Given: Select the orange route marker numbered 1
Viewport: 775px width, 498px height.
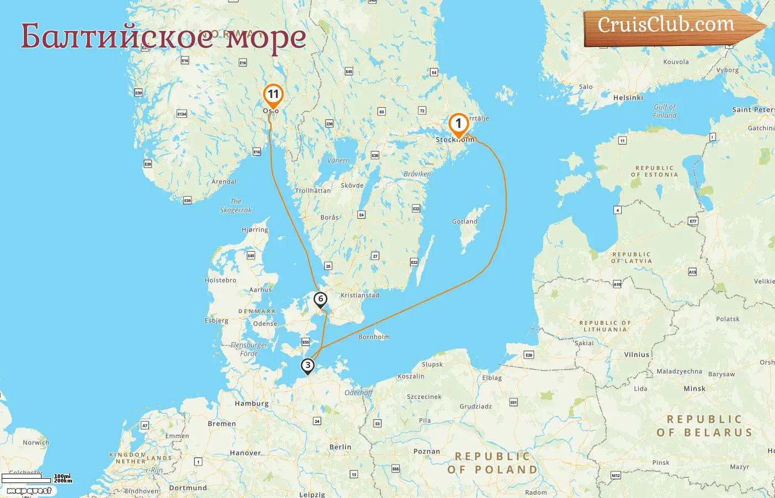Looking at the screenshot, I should [458, 124].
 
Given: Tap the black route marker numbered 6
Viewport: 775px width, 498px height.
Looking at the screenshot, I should [321, 299].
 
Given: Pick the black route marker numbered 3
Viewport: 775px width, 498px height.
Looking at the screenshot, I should [307, 365].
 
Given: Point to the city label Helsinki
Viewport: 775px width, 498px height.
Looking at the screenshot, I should [628, 97].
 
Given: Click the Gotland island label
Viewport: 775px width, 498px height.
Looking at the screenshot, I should [464, 221].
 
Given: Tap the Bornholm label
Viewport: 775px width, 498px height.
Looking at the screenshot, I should [374, 336].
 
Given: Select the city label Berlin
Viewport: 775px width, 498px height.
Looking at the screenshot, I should [340, 447].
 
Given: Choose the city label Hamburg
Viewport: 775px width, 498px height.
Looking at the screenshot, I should [251, 403].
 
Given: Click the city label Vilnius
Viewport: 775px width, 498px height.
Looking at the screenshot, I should [636, 355].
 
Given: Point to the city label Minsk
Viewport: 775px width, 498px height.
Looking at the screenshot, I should [694, 388].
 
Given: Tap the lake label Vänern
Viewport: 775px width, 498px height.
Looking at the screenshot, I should [338, 160].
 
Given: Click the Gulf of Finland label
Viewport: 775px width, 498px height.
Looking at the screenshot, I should [665, 111].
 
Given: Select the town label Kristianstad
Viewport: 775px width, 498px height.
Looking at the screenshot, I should [360, 295].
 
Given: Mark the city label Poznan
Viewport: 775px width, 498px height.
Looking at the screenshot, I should [427, 452].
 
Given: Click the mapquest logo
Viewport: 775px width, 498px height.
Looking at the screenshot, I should [29, 491].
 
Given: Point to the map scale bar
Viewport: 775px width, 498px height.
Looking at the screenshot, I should [27, 478].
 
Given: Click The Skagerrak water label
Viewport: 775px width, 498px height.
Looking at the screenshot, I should [236, 206].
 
